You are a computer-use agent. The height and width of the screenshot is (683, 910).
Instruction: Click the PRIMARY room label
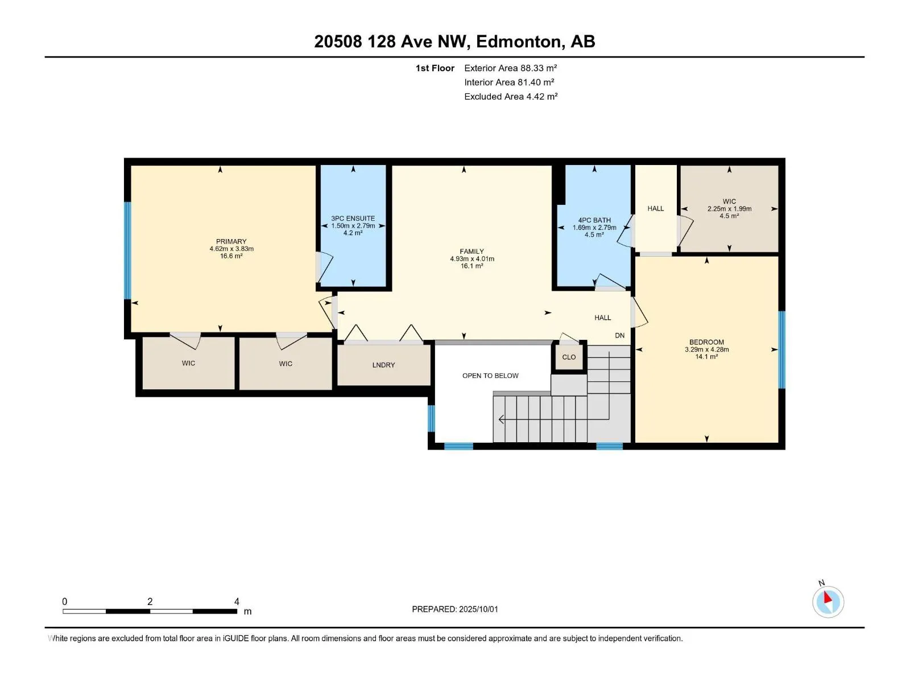231,241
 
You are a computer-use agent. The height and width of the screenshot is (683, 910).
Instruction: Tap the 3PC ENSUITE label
353,218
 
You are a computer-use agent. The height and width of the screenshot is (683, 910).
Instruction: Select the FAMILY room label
472,252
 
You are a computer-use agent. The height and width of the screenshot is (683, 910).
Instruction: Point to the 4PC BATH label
594,220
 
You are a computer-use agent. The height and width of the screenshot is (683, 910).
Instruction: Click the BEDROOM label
706,342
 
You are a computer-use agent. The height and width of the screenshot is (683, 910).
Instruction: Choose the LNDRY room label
383,365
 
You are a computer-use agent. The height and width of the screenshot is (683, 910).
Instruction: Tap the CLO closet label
569,357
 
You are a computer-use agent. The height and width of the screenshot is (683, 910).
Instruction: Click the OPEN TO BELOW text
490,376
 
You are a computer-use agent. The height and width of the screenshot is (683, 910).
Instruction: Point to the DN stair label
620,335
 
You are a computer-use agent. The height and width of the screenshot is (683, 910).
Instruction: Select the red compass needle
828,598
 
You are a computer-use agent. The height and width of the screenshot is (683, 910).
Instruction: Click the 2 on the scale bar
150,601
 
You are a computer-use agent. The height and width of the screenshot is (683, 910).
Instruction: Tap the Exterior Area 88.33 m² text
510,68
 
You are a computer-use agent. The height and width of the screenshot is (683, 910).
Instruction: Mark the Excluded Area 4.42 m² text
511,97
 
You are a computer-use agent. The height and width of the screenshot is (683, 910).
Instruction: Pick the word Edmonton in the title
519,42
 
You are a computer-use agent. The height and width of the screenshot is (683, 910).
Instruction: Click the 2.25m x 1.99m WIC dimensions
729,209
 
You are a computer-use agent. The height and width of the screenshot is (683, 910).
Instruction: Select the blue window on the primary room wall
128,250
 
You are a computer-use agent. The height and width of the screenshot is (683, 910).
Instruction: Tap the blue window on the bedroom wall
781,349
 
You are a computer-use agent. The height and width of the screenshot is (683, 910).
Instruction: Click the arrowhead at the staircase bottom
501,419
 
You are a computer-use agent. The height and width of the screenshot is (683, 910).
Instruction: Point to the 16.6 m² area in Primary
231,256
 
